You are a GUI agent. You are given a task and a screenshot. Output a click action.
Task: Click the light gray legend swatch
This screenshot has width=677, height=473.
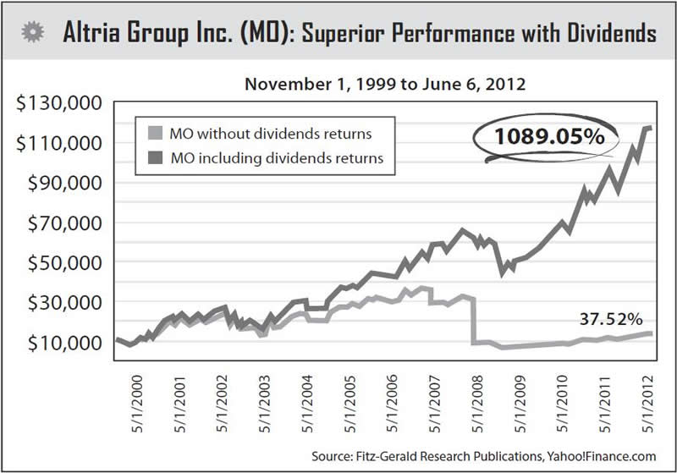tap(156, 132)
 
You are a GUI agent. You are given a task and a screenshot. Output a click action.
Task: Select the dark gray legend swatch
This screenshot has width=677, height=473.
tap(156, 157)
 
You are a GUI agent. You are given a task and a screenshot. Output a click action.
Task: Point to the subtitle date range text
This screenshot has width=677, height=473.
tap(374, 85)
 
